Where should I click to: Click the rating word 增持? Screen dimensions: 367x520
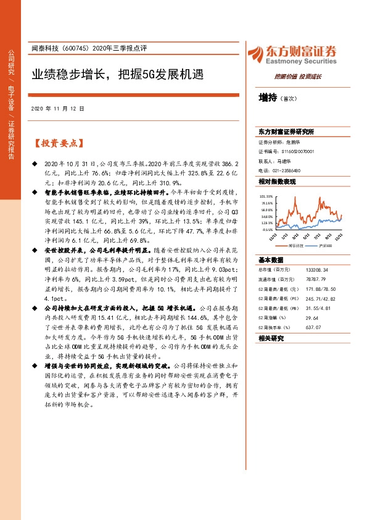[267, 97]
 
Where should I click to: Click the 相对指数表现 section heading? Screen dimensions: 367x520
[277, 182]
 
